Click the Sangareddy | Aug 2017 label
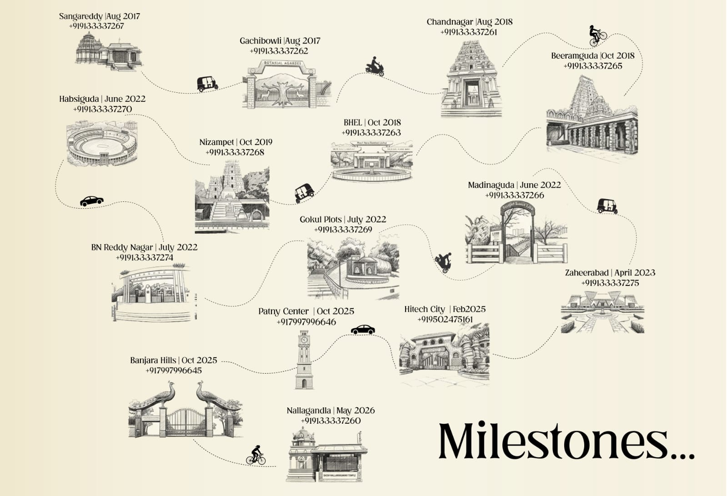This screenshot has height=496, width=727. (x=99, y=16)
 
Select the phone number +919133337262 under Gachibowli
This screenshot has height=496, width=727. (x=279, y=51)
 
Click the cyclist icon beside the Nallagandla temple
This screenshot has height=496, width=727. (x=256, y=455)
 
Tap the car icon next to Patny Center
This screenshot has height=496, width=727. (x=363, y=330)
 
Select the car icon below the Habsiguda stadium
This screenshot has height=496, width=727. (x=92, y=201)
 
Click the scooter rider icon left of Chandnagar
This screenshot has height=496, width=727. (x=375, y=67)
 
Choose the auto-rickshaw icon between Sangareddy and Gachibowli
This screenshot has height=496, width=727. (x=207, y=83)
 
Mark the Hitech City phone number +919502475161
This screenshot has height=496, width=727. (x=445, y=320)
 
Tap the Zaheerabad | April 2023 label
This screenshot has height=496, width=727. (x=610, y=273)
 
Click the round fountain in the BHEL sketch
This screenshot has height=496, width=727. (x=372, y=174)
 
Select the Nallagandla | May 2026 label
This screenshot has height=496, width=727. (x=331, y=411)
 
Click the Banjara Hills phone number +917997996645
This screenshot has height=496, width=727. (x=173, y=371)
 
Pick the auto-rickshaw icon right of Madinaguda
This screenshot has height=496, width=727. (x=607, y=206)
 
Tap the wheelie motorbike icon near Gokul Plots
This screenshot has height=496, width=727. (x=443, y=262)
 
